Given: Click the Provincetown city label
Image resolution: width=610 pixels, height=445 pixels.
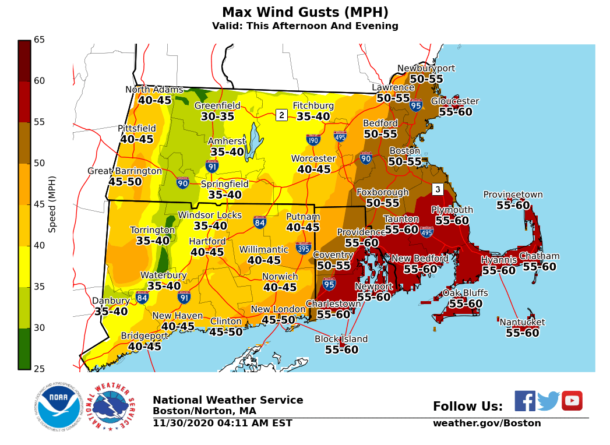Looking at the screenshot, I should [513, 195].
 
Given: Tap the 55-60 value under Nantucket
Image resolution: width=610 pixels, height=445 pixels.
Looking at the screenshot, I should [522, 333].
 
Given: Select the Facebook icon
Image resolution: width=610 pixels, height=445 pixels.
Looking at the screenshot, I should [524, 401].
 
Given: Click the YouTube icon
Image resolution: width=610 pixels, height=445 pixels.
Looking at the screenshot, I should [572, 401].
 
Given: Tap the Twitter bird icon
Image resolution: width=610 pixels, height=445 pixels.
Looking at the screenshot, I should [548, 401].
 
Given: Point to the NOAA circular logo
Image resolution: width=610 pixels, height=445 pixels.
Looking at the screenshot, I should [57, 407].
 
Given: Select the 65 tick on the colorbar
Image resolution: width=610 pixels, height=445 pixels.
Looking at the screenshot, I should [39, 40].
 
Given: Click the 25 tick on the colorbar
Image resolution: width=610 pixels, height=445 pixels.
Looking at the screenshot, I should [39, 369].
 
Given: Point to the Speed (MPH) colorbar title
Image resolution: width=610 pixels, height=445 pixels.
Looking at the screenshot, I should [52, 204].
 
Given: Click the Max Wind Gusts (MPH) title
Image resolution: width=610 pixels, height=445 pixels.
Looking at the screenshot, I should [305, 12].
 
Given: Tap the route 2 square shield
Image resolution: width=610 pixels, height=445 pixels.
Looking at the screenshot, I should [281, 115].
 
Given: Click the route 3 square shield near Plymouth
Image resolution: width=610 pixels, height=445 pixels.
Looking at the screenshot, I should [438, 189].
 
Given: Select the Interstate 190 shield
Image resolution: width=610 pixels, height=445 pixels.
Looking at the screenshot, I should [313, 139].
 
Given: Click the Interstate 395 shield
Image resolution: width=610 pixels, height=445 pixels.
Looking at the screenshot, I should [303, 248].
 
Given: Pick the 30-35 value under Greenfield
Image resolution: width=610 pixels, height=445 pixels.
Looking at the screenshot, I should [217, 116].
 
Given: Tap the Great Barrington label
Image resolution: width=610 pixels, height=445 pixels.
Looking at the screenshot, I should [125, 171].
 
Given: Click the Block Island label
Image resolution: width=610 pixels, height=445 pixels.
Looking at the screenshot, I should [341, 339].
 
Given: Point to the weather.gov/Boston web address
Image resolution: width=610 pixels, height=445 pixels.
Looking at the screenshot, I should [486, 423].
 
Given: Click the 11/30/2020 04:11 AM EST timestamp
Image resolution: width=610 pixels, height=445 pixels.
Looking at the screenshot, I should [222, 423].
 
